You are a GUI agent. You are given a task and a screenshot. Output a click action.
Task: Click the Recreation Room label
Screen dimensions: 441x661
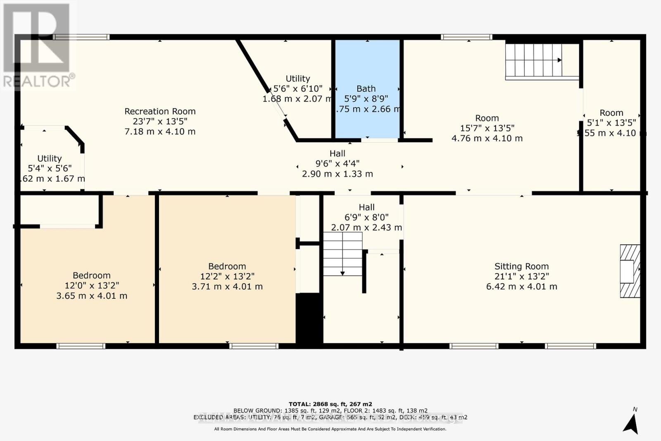[x=160, y=112]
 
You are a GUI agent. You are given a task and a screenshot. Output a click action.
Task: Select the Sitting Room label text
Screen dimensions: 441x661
[x=521, y=267]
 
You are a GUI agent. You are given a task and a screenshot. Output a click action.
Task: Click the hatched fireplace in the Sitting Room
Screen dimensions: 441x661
[x=630, y=271]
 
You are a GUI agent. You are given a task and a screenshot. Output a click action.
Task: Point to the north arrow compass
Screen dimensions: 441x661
[x=631, y=422]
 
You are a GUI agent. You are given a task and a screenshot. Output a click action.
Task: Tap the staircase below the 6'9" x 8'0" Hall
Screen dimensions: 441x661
[x=342, y=254]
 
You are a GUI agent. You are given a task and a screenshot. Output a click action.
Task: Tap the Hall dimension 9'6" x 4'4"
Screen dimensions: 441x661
[x=337, y=164]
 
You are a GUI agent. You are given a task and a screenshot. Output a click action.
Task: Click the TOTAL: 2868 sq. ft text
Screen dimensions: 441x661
[x=330, y=404]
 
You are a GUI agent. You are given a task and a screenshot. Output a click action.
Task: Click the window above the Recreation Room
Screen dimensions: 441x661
[x=81, y=37]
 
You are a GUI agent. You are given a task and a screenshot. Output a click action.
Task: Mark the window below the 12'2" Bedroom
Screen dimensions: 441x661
[x=254, y=346]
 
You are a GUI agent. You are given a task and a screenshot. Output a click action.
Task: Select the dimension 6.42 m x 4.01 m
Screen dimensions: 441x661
[x=521, y=286]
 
